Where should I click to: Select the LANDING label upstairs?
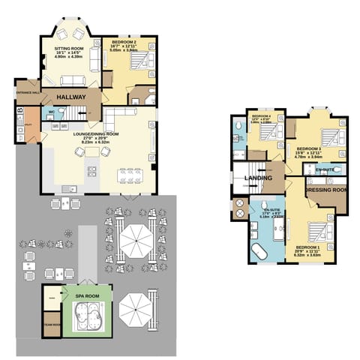click(x=259, y=178)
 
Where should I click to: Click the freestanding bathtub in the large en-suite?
click(x=259, y=251)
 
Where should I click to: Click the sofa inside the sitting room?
click(x=72, y=81)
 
